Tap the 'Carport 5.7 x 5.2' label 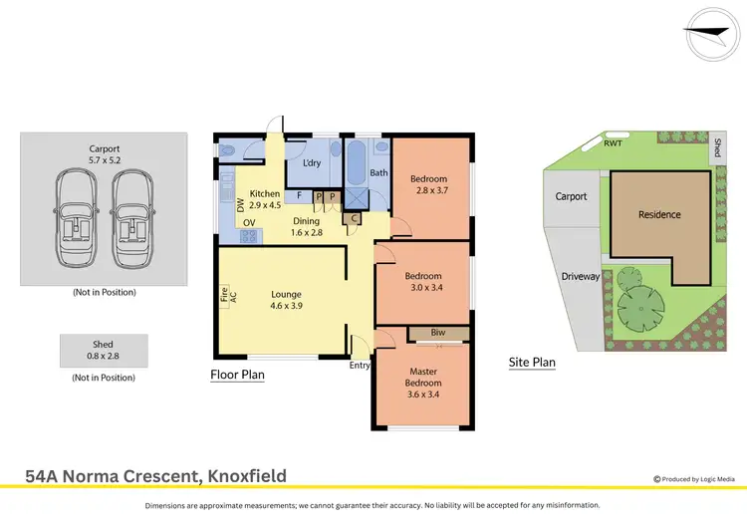coord(104,155)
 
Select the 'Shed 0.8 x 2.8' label coord(104,350)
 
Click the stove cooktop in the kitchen coord(249,236)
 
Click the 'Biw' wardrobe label coord(438,333)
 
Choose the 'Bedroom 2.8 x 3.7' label coord(429,185)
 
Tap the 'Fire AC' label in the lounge coord(225,295)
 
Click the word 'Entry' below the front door coord(359,366)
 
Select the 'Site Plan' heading coord(532,363)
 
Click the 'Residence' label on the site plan coord(659,214)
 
